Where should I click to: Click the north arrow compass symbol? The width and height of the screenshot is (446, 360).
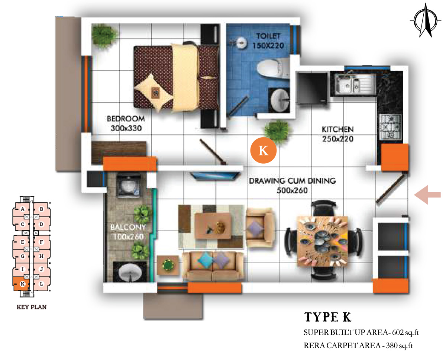coord(426,21)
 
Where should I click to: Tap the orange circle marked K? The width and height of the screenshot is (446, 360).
coord(263,150)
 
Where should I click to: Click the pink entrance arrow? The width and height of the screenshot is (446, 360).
coord(427,195)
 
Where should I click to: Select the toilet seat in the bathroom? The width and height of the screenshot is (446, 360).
coord(273,68)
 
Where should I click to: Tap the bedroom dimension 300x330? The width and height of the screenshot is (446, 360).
coord(126,128)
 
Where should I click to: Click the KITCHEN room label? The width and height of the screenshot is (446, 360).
coord(337,129)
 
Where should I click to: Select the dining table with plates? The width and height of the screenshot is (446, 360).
coord(323,241)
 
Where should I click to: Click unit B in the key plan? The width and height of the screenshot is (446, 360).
coord(42,209)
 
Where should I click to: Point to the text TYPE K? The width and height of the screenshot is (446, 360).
coord(328,317)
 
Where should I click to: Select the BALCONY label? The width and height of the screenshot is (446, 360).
coord(128,227)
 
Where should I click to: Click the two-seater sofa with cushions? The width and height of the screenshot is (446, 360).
coord(213,267)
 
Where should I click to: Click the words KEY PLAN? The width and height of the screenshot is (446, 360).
coord(32,307)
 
